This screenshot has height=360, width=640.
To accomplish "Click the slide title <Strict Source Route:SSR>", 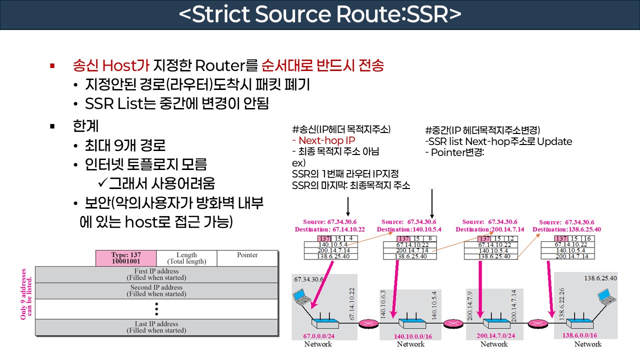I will click(320, 15).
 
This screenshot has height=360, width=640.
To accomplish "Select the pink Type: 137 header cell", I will click(126, 258).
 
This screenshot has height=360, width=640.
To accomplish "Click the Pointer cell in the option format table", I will click(247, 255).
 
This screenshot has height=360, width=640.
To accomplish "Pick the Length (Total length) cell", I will click(186, 258).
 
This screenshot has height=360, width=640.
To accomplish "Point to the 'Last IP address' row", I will click(156, 327).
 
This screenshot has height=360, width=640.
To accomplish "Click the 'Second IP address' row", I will click(156, 290).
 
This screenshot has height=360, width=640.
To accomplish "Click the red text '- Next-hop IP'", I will click(323, 140).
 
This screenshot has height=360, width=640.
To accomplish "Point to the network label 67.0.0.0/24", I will click(318, 336).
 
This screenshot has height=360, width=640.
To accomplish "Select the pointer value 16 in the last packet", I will click(587, 238).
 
